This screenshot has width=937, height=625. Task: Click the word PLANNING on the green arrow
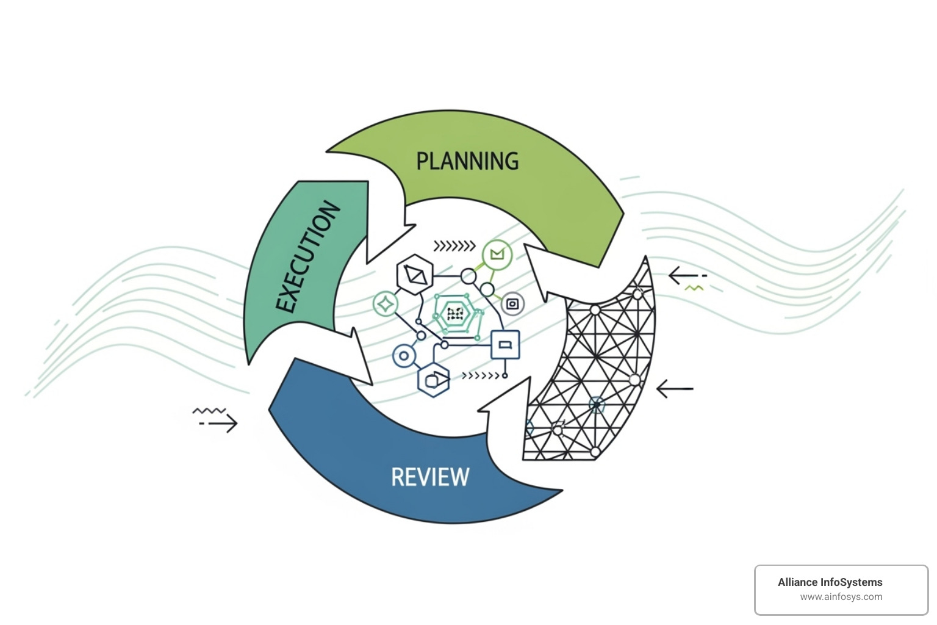(467, 161)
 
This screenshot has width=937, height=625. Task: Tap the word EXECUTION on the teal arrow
(307, 257)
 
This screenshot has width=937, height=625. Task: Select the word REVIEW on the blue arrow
(430, 477)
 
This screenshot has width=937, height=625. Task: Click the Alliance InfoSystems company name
(830, 582)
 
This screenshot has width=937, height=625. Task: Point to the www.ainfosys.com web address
(841, 597)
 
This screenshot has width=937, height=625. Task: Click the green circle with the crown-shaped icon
(497, 255)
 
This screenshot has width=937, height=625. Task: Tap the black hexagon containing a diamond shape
(415, 275)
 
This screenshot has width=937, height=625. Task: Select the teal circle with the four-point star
(386, 303)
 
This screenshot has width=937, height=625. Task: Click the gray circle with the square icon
(512, 303)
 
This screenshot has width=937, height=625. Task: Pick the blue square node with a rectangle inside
(505, 345)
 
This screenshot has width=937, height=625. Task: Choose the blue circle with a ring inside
(404, 355)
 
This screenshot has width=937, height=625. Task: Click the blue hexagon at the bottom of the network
(433, 380)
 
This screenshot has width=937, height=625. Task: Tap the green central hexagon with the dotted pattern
(455, 314)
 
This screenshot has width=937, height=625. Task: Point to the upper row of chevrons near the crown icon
(454, 246)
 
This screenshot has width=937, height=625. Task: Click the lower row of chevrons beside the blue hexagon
(481, 375)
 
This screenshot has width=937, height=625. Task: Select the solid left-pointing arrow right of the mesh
(675, 388)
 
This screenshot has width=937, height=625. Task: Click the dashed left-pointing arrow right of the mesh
(687, 276)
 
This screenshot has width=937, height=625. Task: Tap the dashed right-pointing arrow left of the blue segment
(218, 423)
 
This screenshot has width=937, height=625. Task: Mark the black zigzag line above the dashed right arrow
(209, 411)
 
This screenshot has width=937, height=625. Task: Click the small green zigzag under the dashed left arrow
(694, 287)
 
